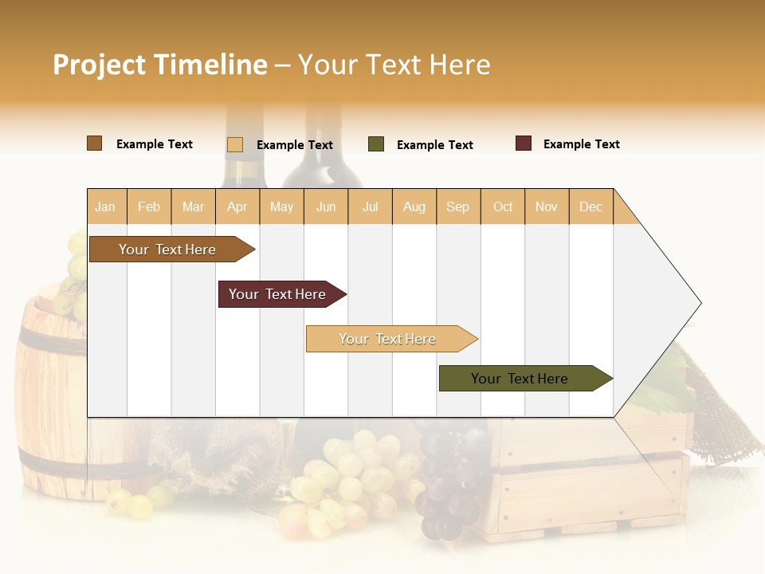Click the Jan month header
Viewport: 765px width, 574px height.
coord(105,206)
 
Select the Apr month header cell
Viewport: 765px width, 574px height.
coord(237,206)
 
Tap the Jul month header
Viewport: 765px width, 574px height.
coord(370,206)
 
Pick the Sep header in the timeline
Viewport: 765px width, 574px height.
coord(457,206)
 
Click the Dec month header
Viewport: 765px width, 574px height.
coord(590,206)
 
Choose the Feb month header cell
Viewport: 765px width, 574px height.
coord(149,206)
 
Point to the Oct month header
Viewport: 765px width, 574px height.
coord(503,206)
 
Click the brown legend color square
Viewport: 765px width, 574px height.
coord(95,143)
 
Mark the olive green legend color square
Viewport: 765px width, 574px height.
coord(376,144)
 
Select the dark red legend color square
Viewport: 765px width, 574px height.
coord(524,143)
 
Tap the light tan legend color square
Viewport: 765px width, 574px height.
coord(235,144)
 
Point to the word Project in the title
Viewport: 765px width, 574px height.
coord(99,65)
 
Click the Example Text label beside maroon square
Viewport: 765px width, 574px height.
coord(581,144)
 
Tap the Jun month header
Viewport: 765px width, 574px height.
coord(326,206)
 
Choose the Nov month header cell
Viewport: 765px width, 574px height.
coord(547,206)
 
